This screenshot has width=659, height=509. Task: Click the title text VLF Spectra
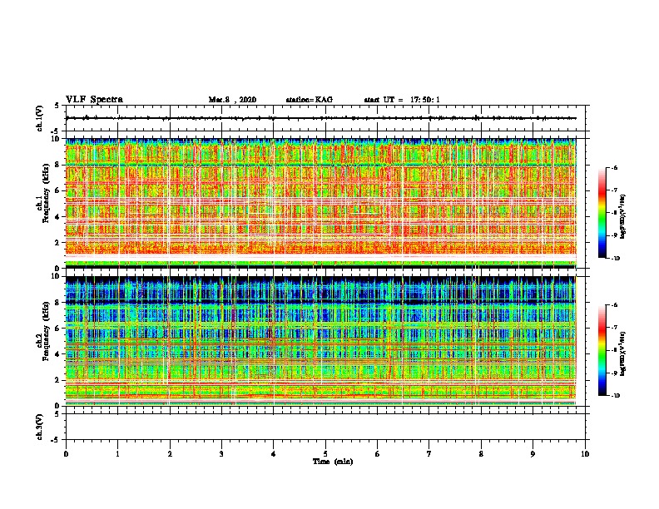[94, 99]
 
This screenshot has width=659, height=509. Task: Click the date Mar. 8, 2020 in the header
[232, 100]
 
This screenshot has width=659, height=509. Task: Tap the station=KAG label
[309, 100]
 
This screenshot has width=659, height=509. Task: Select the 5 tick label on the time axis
[326, 453]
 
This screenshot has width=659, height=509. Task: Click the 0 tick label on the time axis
[66, 453]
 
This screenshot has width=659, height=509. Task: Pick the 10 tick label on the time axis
[586, 453]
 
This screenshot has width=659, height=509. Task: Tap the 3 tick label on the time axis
[222, 453]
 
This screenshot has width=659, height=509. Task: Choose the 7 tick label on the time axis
[430, 453]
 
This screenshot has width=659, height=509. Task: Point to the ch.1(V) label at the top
[40, 119]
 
